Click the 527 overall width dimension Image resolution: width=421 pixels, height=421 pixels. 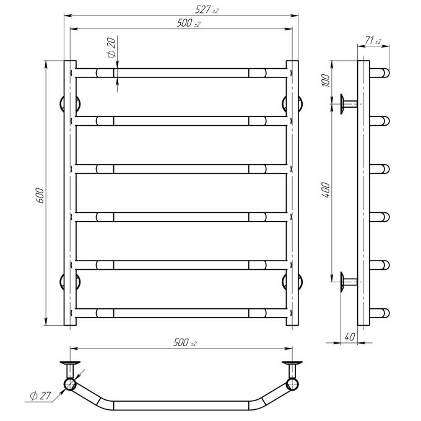point(206,10)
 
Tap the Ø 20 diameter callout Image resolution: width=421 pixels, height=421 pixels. point(111,48)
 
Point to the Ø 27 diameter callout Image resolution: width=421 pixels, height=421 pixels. point(40,396)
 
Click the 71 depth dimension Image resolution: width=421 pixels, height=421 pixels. point(373,40)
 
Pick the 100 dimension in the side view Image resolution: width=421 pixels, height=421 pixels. point(326,80)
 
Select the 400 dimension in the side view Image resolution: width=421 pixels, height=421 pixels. point(326,190)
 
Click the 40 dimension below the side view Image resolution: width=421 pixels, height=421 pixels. point(350,336)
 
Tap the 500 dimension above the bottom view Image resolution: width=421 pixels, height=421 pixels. point(185,342)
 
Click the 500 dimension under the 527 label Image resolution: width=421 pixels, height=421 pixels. point(188,23)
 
